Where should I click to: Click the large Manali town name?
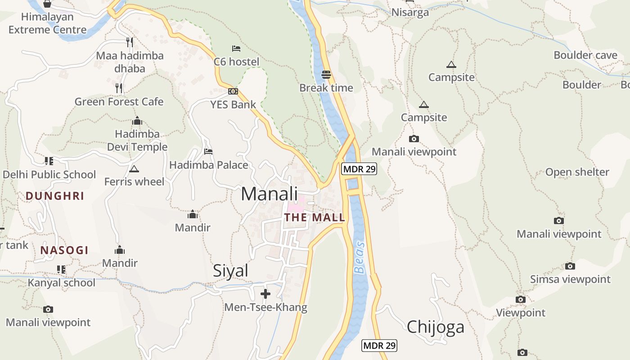[x=269, y=194]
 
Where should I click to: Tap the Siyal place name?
[x=230, y=270]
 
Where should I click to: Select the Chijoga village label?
[x=435, y=327]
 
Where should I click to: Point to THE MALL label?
[x=315, y=217]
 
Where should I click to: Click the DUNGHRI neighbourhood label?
[x=55, y=196]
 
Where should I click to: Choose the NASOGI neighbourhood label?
[x=64, y=250]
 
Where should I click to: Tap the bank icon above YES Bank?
[x=233, y=91]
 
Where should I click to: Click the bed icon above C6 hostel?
[x=236, y=48]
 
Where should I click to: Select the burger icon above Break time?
[x=326, y=75]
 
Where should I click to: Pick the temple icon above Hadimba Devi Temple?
[x=137, y=121]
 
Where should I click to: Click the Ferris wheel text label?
[x=134, y=182]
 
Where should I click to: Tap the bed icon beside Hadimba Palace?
[x=208, y=152]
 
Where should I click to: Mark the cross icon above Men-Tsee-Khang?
[x=265, y=294]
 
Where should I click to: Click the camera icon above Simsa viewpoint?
[x=570, y=266]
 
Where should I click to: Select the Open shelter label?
[x=577, y=172]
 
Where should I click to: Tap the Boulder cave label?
[x=585, y=55]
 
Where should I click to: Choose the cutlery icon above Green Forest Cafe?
[x=119, y=88]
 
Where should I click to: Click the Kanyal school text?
[x=62, y=283]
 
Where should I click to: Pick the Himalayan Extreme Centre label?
[x=47, y=23]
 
